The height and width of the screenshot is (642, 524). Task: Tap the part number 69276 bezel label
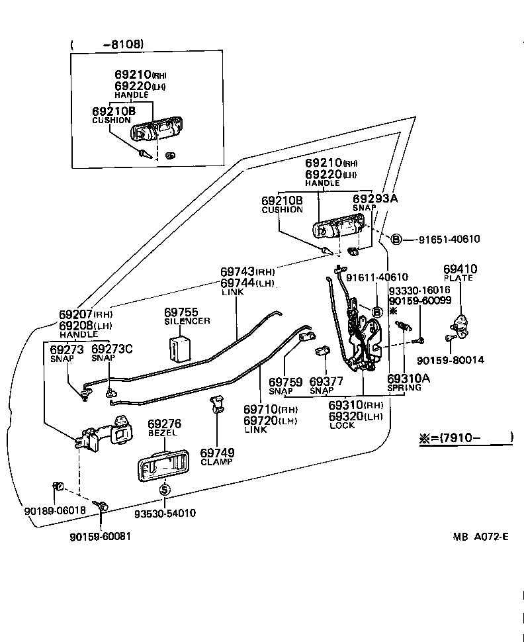(164, 424)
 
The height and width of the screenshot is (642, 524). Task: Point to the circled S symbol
(165, 490)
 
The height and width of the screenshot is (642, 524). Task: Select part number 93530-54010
(165, 513)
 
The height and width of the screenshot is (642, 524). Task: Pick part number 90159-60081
(100, 536)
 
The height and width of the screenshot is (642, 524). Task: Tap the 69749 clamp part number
(216, 453)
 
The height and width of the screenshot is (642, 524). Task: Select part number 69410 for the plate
(460, 269)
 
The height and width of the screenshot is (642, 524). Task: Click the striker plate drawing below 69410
(460, 325)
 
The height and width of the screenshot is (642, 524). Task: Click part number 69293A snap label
(375, 198)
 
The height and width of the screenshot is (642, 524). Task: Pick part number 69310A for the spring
(408, 378)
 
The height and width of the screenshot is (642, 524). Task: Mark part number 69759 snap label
(286, 382)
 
